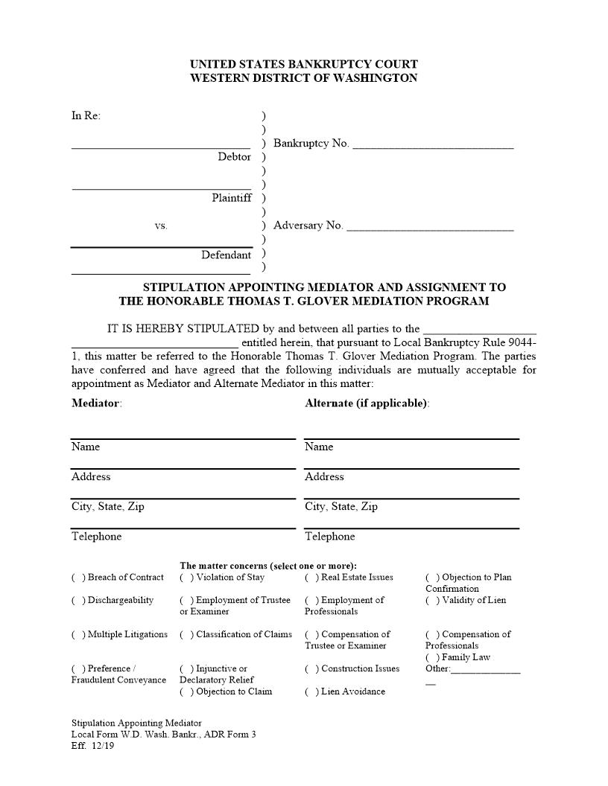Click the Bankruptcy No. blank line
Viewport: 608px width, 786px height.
(x=432, y=146)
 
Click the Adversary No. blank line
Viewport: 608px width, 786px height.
(x=430, y=228)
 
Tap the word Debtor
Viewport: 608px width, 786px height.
(x=234, y=157)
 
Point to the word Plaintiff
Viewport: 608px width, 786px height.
(x=231, y=198)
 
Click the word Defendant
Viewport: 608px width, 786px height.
(x=226, y=255)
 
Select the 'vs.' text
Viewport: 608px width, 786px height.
(x=161, y=226)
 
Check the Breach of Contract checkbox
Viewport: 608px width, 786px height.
(x=78, y=578)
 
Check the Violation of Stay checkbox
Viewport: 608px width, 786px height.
(x=186, y=578)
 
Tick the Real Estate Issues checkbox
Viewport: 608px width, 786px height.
(x=311, y=578)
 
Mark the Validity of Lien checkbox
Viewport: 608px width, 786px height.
(x=432, y=601)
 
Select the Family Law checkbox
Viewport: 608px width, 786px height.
(x=432, y=658)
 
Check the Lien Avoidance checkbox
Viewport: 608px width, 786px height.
(x=311, y=692)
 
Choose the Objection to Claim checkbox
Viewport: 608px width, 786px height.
(x=186, y=692)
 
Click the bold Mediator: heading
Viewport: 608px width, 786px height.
(x=96, y=403)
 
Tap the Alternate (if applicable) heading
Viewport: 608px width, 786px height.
(x=366, y=403)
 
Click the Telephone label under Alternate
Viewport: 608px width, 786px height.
(x=329, y=537)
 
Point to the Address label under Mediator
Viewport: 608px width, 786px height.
(x=90, y=477)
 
